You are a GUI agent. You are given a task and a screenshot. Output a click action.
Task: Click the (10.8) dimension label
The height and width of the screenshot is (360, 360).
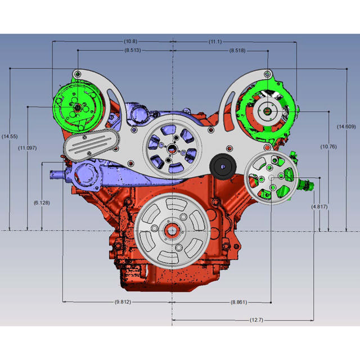point(130,42)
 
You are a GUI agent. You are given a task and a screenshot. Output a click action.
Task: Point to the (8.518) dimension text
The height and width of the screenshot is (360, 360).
point(237,51)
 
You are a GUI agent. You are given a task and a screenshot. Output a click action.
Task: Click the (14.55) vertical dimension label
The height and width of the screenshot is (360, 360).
point(10,136)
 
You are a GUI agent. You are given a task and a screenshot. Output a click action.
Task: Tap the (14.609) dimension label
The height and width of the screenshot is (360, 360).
point(346,127)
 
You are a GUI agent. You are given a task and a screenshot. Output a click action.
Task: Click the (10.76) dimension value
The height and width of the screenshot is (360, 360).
point(328,147)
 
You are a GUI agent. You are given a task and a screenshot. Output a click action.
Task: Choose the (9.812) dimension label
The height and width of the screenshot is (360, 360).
point(123,302)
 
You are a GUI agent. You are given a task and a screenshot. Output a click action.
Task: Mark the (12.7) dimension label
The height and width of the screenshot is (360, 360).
point(256,319)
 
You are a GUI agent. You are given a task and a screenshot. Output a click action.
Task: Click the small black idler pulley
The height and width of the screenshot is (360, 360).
point(223,166)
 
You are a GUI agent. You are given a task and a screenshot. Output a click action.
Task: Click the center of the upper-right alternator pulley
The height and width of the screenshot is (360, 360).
point(267,111)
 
